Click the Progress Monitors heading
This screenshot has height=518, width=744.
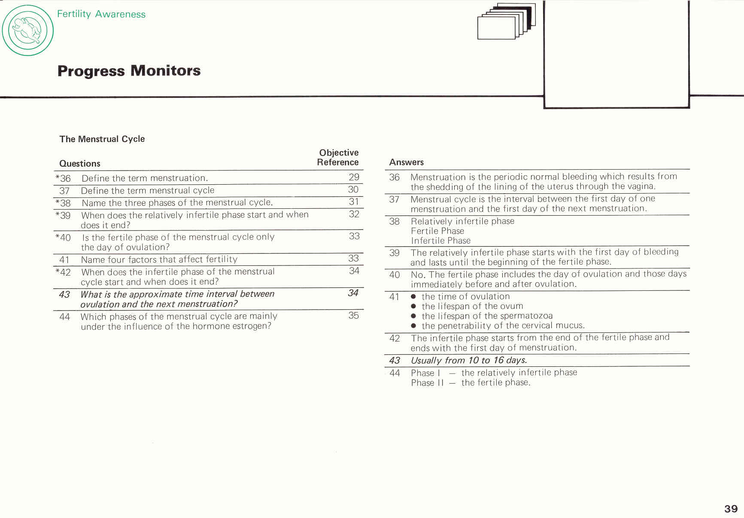coord(129,71)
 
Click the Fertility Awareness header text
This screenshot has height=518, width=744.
coord(101,14)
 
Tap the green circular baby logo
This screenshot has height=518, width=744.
coord(28,30)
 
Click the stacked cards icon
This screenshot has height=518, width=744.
coord(507,21)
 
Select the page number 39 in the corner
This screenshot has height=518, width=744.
coord(731,509)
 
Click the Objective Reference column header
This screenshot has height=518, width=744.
coord(338,158)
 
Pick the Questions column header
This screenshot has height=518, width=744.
coord(80,164)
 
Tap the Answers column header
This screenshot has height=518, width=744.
coord(406,162)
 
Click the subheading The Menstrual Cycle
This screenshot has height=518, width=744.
coord(102,139)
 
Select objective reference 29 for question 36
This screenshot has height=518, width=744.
coord(354,177)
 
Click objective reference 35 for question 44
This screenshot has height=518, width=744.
coord(353,315)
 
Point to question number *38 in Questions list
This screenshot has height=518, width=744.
coord(63,203)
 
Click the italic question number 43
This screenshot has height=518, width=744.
coord(64,295)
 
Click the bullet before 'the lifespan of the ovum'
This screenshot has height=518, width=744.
coord(413,306)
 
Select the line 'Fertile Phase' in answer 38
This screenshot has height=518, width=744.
coord(437,231)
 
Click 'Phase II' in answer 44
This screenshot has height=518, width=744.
coord(427,383)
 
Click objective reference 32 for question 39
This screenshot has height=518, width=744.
coord(354,214)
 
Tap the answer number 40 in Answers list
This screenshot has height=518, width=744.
coord(395,275)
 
